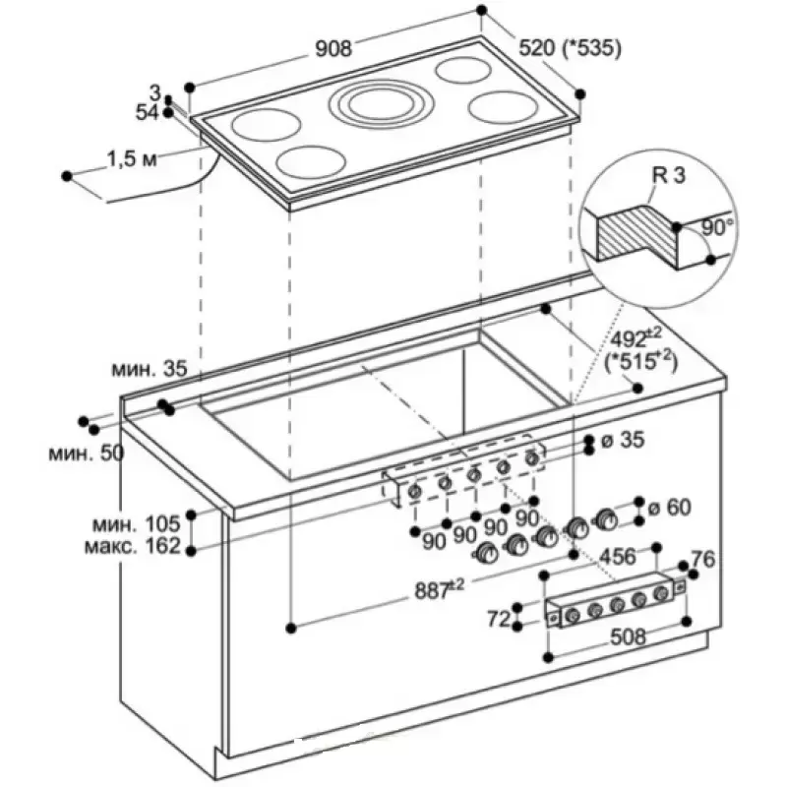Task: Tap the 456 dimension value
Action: pyautogui.click(x=618, y=557)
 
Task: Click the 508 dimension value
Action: pyautogui.click(x=628, y=636)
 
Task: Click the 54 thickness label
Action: pyautogui.click(x=147, y=112)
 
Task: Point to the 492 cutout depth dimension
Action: pyautogui.click(x=630, y=338)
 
